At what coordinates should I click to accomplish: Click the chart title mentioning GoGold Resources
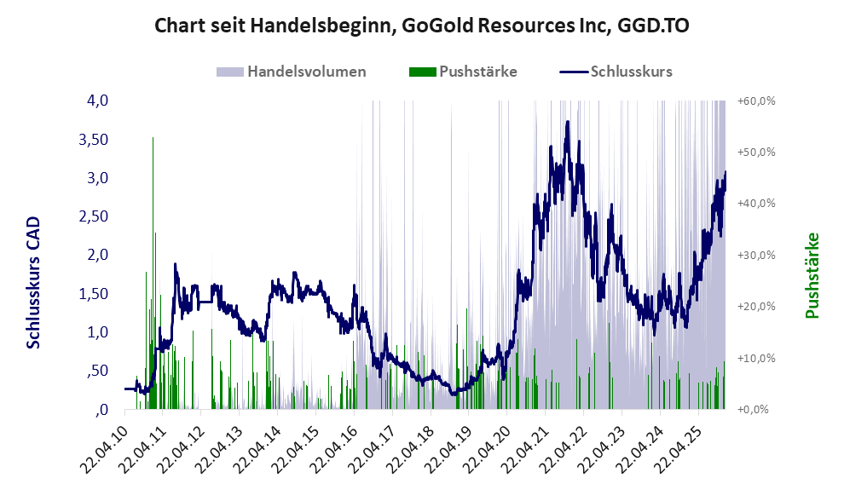point(422,26)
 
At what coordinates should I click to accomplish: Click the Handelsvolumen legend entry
point(306,72)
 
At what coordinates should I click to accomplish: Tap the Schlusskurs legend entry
point(631,72)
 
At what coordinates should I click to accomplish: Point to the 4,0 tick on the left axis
point(96,101)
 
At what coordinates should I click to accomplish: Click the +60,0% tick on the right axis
point(756,101)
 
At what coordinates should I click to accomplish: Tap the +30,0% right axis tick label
point(756,255)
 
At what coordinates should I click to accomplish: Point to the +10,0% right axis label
point(756,358)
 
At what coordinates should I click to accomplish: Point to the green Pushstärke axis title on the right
point(812,275)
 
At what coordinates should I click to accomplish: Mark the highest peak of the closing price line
point(567,122)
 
